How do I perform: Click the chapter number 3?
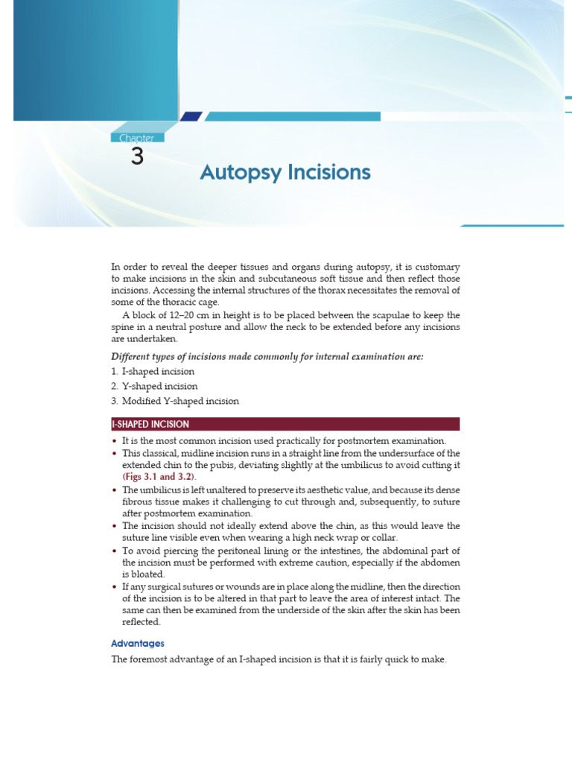[136, 156]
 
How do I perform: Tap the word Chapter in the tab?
[136, 138]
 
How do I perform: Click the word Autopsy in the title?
[237, 173]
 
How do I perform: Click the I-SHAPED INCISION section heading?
[150, 424]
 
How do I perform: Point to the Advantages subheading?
[138, 643]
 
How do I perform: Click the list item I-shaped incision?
[159, 371]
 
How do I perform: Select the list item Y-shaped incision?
[160, 386]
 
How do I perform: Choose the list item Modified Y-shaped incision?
[181, 401]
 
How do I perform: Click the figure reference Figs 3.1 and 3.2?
[159, 476]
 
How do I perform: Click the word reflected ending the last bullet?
[140, 622]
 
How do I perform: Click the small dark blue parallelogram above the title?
[191, 116]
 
